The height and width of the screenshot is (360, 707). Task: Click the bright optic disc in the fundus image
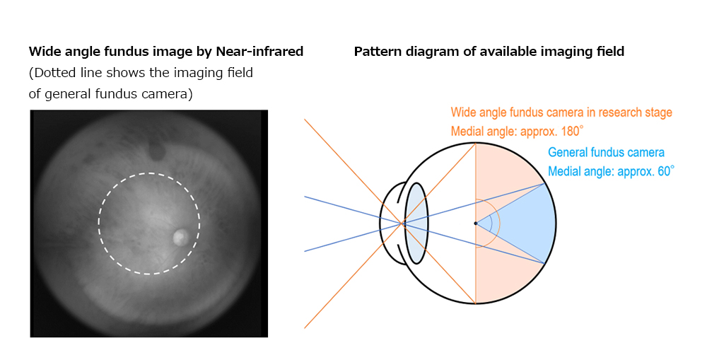point(181,236)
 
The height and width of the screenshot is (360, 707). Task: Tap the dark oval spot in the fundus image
point(157,151)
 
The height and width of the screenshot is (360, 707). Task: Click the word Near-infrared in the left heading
point(259,52)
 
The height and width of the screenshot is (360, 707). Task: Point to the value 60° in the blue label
point(665,171)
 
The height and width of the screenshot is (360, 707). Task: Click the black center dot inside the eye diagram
point(475,223)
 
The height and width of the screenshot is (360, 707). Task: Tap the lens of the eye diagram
point(416,223)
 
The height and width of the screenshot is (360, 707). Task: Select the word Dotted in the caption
point(50,73)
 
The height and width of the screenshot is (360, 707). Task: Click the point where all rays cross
point(402,223)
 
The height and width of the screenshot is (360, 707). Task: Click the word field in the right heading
point(611,52)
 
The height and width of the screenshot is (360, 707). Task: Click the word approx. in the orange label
point(537,132)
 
